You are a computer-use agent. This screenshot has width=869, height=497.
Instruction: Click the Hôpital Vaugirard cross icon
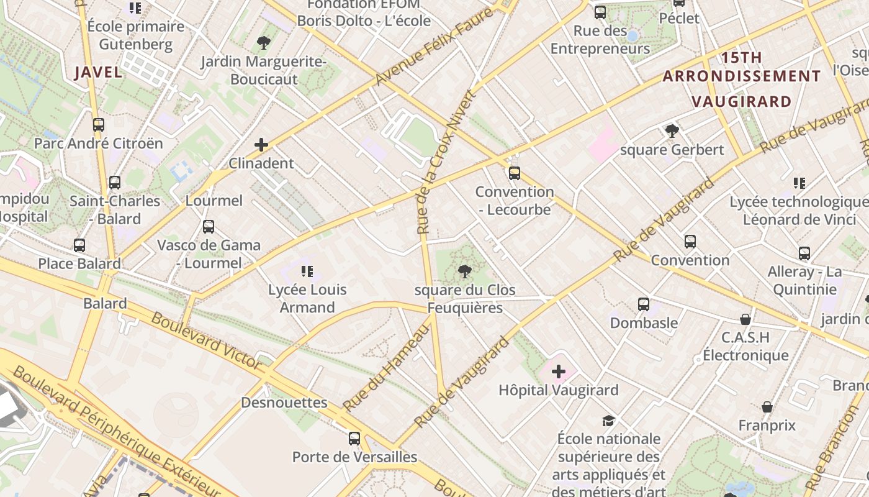point(559,372)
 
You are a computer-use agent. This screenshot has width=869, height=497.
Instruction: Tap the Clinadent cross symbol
point(261,145)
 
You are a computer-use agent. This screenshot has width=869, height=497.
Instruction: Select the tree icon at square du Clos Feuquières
point(464,271)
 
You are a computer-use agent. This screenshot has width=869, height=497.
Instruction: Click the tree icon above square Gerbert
point(672,130)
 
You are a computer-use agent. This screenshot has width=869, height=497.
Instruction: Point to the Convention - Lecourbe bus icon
point(514,173)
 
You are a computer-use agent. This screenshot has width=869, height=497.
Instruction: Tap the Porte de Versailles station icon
point(354,439)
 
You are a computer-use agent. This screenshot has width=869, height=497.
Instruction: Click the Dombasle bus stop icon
point(644,304)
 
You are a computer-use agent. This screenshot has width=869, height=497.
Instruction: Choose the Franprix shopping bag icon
point(767,407)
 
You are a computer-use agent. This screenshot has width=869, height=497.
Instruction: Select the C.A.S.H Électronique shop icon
point(745,319)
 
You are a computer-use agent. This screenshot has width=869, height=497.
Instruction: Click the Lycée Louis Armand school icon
point(307,271)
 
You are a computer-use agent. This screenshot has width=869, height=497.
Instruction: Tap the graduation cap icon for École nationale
point(608,421)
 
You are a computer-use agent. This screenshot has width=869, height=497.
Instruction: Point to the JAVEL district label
point(98,72)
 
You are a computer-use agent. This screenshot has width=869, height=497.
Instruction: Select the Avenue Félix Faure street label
point(433,48)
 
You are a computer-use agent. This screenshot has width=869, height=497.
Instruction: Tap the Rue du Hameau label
point(386,368)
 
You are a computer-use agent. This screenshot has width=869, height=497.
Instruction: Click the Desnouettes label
point(284,403)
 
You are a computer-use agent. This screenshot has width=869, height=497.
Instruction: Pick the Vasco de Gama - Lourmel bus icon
point(209,227)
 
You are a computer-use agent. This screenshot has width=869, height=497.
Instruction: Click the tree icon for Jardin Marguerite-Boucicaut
point(264,43)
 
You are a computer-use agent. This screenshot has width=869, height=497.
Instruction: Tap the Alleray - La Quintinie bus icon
point(804,253)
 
